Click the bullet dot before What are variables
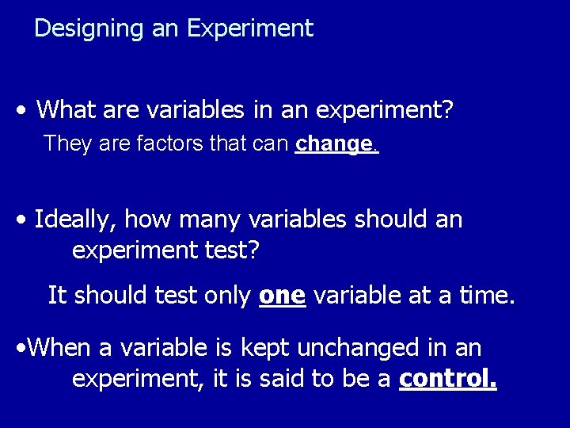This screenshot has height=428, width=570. click(27, 109)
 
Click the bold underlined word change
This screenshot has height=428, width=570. click(333, 144)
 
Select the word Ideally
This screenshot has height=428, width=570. click(75, 219)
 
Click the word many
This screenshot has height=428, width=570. click(198, 219)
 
